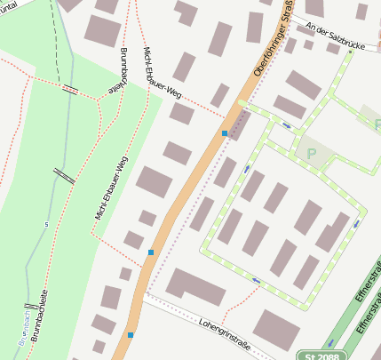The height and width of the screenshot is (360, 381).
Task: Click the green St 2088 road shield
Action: point(321,354)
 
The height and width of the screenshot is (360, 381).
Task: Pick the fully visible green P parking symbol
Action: point(311,154)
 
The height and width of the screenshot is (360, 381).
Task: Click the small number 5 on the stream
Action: point(46,224)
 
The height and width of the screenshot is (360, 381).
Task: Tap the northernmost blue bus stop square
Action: point(225,133)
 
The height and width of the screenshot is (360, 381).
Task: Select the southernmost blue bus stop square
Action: point(131,335)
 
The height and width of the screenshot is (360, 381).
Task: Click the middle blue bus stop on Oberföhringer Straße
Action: point(151,252)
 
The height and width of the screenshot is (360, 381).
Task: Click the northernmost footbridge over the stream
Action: point(70,89)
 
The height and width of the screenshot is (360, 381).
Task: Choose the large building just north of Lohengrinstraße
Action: point(195,286)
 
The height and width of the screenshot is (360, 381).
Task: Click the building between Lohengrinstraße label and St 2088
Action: point(276,329)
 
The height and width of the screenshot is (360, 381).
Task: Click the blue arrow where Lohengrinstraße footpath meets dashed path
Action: point(257,281)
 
